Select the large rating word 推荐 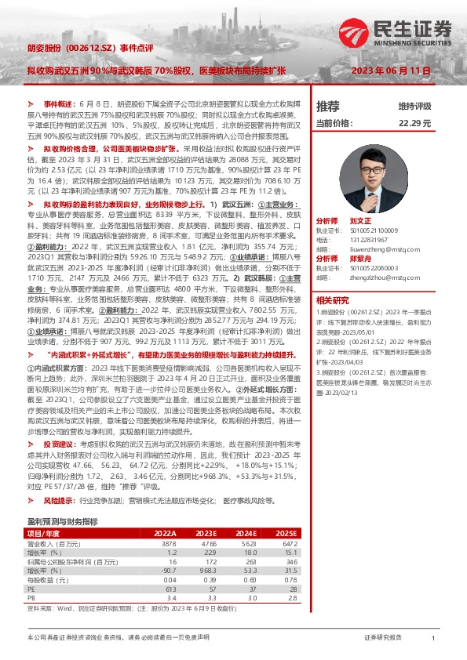click(327, 106)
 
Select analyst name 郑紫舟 click(359, 258)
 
